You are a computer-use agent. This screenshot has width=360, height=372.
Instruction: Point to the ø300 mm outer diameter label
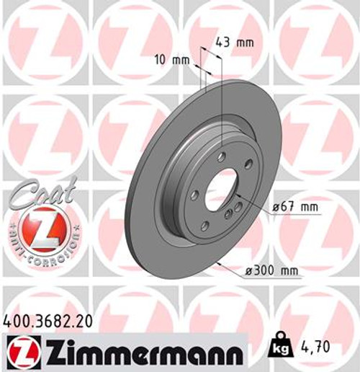tap(271, 270)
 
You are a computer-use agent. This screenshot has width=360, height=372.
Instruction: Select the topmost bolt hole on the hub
tap(222, 156)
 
